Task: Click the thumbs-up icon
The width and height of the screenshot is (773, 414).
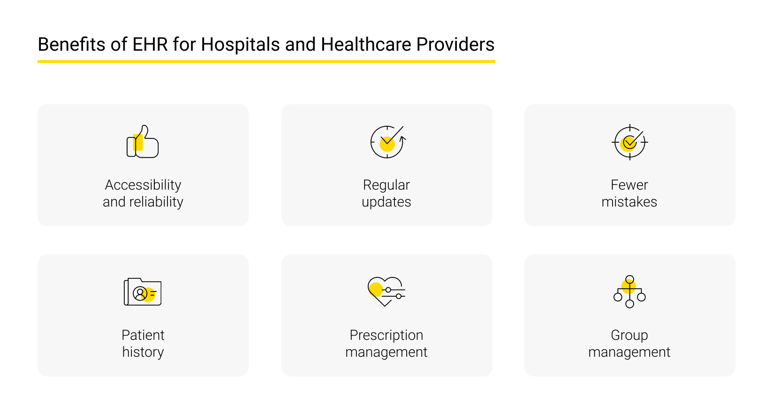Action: (143, 142)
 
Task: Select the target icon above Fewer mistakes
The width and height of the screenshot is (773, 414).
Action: (629, 142)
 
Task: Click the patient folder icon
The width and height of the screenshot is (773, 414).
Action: (143, 292)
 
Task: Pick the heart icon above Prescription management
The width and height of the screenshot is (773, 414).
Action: (386, 291)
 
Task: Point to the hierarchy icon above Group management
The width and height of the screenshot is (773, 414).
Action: (629, 291)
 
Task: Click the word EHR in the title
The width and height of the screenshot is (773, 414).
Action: (150, 45)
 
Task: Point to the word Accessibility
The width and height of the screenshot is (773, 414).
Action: (143, 185)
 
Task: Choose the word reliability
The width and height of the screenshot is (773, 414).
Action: (156, 202)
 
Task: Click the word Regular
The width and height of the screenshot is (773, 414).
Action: (386, 185)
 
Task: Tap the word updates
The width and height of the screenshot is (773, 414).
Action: (386, 202)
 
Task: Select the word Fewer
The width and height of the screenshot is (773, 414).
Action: (629, 185)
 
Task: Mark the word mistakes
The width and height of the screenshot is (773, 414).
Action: (629, 202)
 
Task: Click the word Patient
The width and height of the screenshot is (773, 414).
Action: (143, 335)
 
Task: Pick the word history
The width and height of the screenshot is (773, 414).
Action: (143, 352)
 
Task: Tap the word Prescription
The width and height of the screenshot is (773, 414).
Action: (386, 335)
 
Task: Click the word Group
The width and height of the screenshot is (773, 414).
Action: (629, 335)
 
